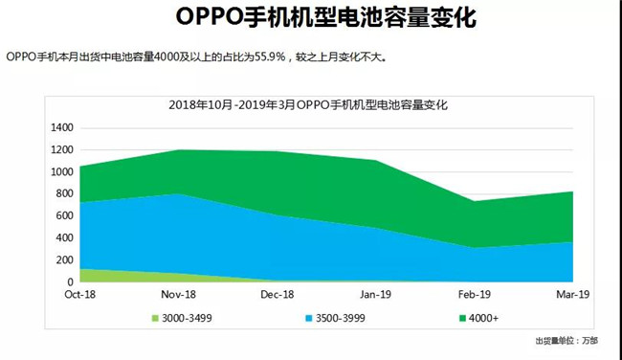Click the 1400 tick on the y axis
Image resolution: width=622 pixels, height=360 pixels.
[x=61, y=127]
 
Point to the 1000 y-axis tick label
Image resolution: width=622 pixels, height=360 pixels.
[x=61, y=172]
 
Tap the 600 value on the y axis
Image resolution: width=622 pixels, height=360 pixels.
[x=65, y=216]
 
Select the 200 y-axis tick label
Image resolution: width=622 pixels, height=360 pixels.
[x=65, y=260]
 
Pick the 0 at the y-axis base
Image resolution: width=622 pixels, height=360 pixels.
[x=70, y=282]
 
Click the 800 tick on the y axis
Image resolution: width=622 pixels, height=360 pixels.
[x=65, y=194]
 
